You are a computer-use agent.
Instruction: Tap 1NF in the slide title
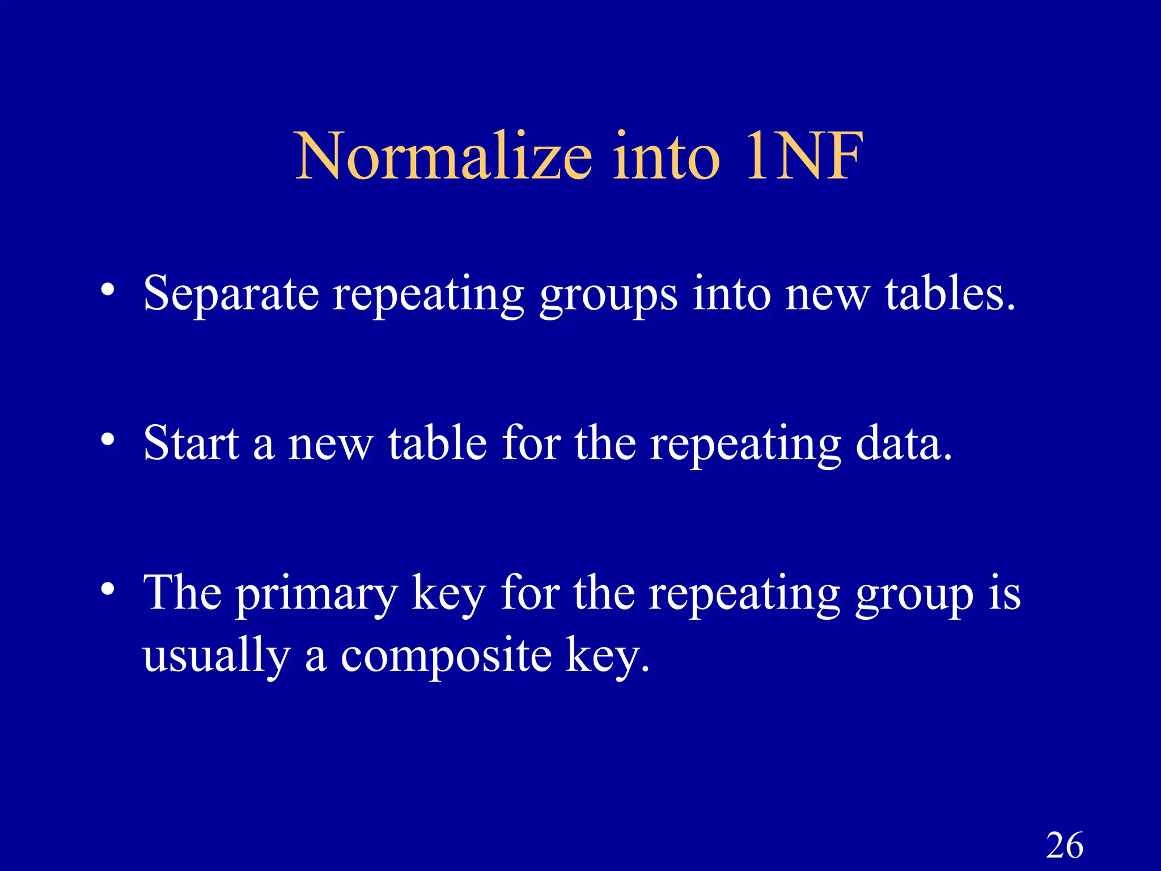tap(805, 156)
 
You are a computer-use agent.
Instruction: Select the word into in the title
tap(667, 156)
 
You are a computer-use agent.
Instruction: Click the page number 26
tap(1065, 845)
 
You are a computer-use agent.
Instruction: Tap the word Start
tap(191, 443)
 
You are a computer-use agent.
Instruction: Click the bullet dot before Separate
tap(108, 290)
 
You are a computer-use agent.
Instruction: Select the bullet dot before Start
tap(108, 439)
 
